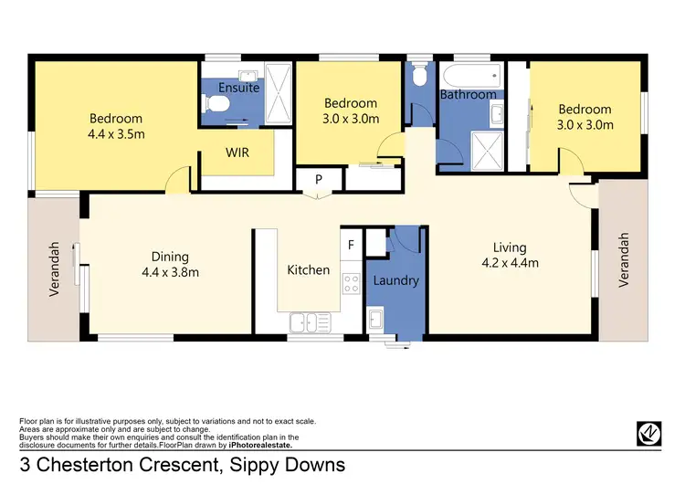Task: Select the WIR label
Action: (237, 153)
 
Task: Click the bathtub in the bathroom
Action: (469, 75)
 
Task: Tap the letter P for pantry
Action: (318, 180)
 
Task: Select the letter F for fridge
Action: (350, 246)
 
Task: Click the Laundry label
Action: (396, 280)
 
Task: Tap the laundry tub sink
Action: (376, 320)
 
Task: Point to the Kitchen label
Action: (308, 269)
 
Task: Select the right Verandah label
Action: (625, 260)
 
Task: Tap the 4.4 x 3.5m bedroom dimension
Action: (115, 135)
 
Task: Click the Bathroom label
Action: (468, 94)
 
